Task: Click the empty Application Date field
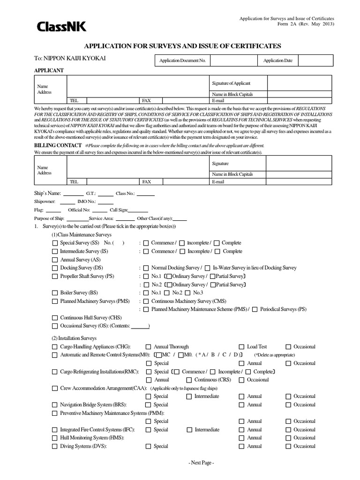pos(315,60)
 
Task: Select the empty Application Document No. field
pos(233,60)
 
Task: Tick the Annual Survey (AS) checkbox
pos(55,259)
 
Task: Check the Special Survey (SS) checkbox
pos(55,243)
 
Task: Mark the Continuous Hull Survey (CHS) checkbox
pos(55,317)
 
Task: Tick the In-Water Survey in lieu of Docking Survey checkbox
pos(208,268)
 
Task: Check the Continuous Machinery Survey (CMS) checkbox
pos(146,301)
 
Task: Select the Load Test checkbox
pos(241,346)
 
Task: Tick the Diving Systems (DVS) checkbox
pos(55,446)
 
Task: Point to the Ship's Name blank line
pos(74,193)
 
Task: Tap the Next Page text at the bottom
pos(201,463)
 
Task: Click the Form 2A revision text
pos(311,24)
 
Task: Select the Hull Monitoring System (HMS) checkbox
pos(55,438)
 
